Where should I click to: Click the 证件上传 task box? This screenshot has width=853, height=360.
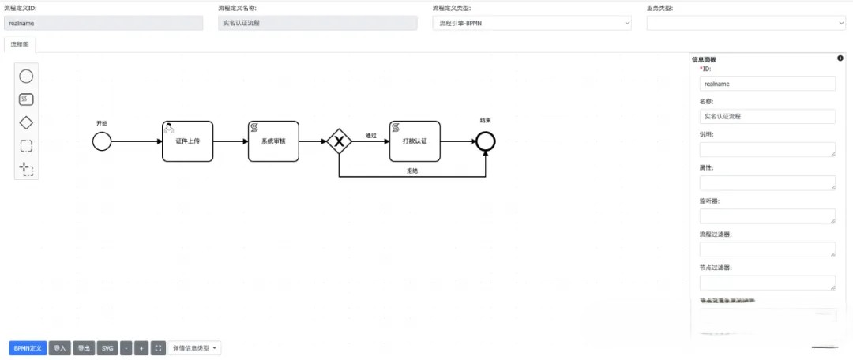(188, 141)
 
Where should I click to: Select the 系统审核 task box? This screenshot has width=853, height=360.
(273, 141)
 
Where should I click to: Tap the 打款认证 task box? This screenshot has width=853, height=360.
(415, 141)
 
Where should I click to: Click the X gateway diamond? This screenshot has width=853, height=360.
(339, 141)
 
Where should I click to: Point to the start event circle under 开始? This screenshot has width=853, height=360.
(101, 141)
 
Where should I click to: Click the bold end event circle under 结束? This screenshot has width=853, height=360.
(485, 141)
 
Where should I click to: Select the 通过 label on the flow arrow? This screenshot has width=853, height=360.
(370, 135)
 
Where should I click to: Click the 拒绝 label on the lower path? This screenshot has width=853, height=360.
(412, 171)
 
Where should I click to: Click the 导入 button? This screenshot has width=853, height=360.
(59, 347)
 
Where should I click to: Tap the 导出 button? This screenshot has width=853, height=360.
(83, 347)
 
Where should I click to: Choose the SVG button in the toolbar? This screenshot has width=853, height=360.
(107, 347)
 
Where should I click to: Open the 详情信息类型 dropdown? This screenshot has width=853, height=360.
(194, 347)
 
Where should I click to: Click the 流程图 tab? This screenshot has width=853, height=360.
(20, 45)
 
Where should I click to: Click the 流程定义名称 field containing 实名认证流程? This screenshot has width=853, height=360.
(318, 23)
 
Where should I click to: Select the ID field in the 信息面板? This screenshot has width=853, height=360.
(767, 83)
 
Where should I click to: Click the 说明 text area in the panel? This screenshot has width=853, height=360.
(767, 149)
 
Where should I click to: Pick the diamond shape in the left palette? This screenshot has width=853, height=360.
(26, 122)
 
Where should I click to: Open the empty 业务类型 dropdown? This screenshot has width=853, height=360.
(746, 23)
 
